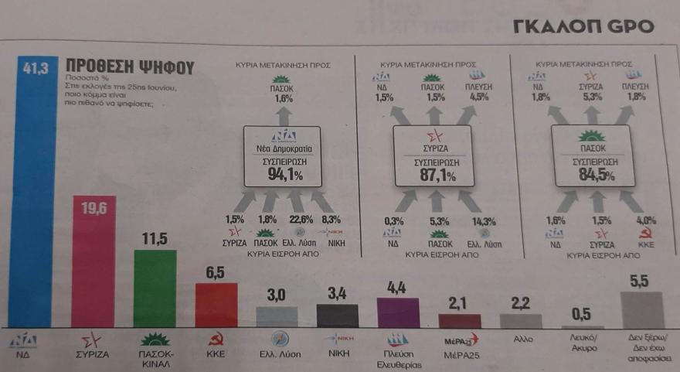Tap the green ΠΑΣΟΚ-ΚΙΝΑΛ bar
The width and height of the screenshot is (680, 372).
154,290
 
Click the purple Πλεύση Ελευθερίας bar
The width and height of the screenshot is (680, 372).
398,313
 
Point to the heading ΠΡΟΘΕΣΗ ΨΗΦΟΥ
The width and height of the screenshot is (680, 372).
130,67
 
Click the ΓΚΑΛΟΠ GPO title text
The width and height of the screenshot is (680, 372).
583,26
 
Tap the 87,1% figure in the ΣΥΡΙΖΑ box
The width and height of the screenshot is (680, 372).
433,176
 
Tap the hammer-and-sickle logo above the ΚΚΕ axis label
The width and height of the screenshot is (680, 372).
216,339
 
